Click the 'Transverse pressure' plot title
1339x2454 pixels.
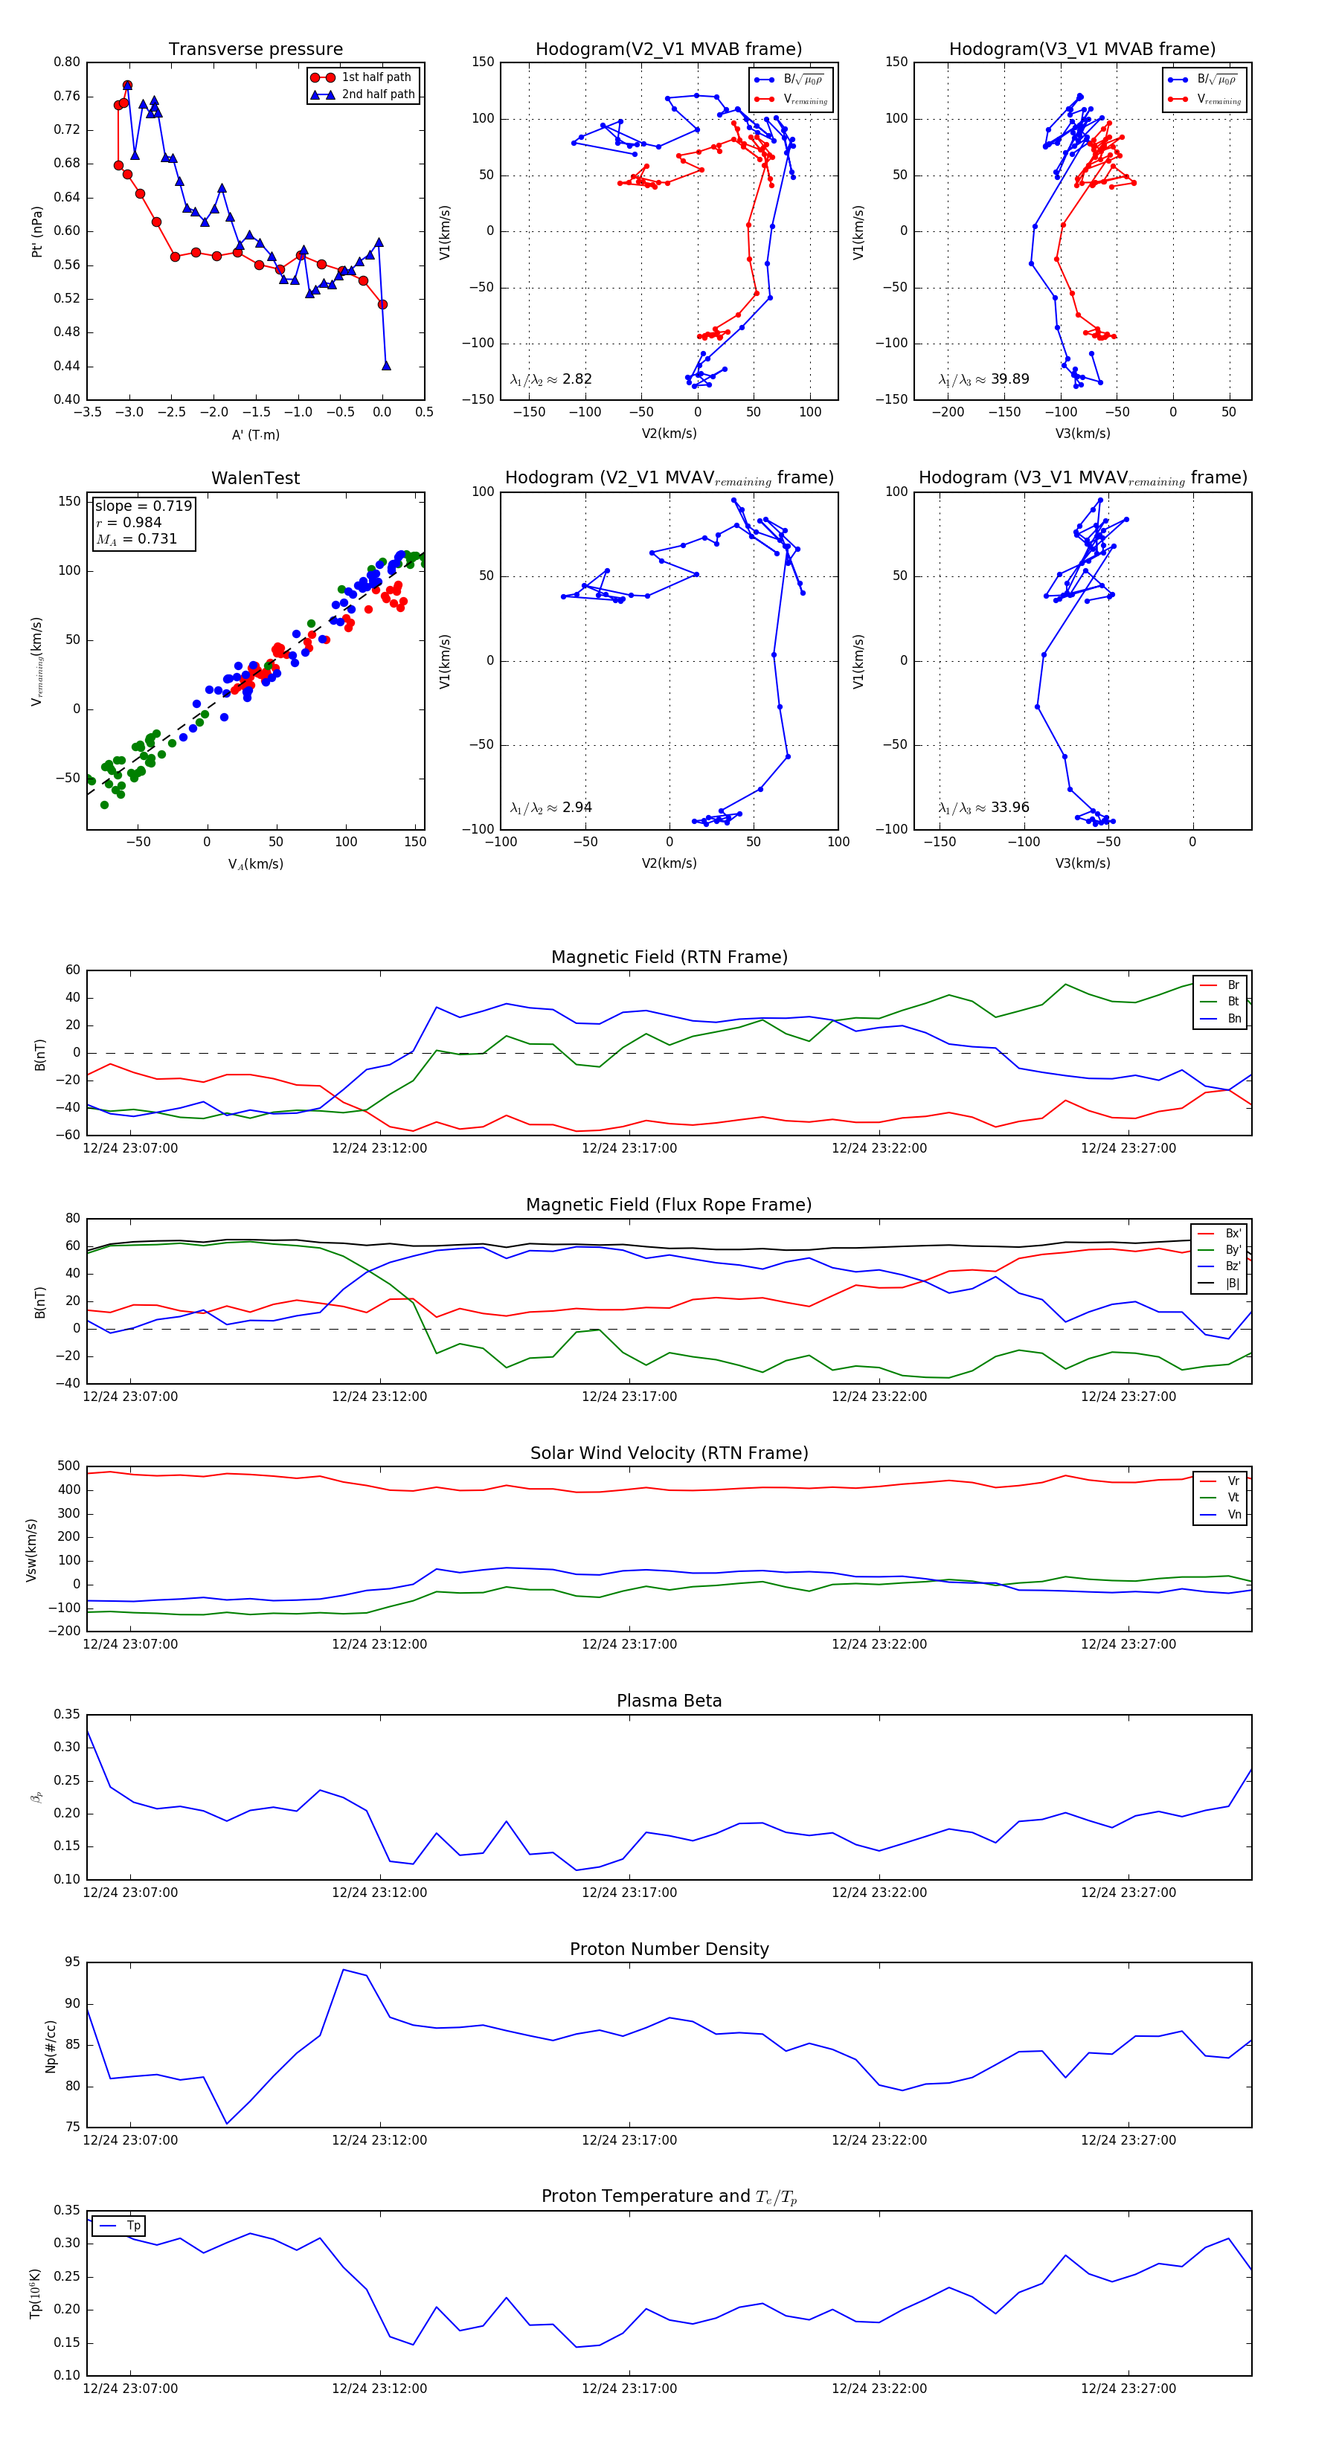click(255, 50)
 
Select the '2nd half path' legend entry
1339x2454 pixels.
click(377, 94)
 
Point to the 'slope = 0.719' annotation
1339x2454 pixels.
click(143, 506)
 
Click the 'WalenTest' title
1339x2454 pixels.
click(255, 478)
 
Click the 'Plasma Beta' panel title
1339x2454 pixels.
click(669, 1701)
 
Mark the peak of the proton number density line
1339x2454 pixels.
click(343, 1970)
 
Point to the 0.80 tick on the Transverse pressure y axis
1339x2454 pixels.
click(67, 62)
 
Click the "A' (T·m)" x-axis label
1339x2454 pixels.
click(255, 435)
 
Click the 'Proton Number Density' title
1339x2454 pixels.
click(669, 1949)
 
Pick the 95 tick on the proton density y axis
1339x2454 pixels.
click(72, 1962)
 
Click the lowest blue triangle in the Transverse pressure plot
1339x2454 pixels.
click(386, 366)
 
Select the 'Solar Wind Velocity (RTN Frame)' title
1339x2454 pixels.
click(669, 1454)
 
